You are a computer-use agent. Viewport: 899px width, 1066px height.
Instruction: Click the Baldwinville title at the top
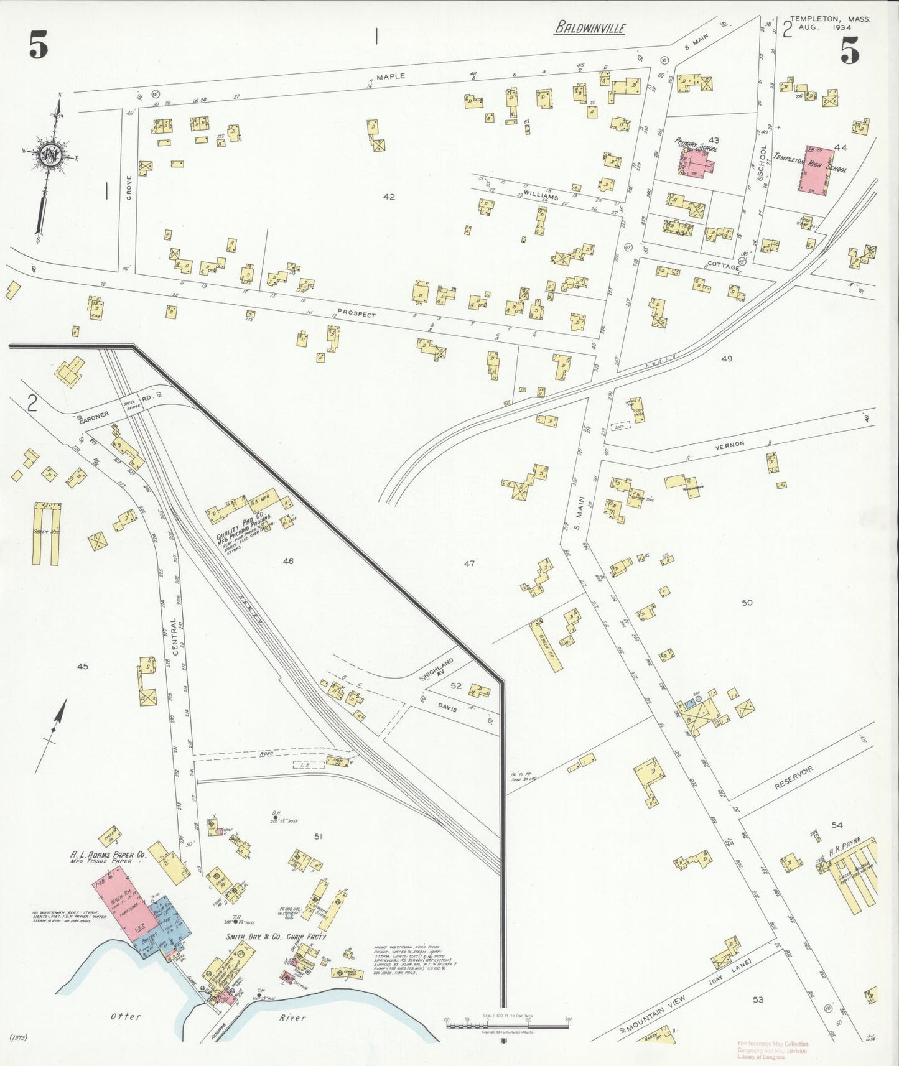[590, 28]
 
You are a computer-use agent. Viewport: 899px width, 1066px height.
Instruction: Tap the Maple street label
[390, 76]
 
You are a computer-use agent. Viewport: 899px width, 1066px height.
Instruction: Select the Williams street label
[540, 195]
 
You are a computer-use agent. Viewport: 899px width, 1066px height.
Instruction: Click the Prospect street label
[356, 314]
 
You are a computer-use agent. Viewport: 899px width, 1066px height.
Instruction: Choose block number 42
[389, 197]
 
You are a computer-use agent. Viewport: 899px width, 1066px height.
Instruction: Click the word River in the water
[292, 1017]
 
